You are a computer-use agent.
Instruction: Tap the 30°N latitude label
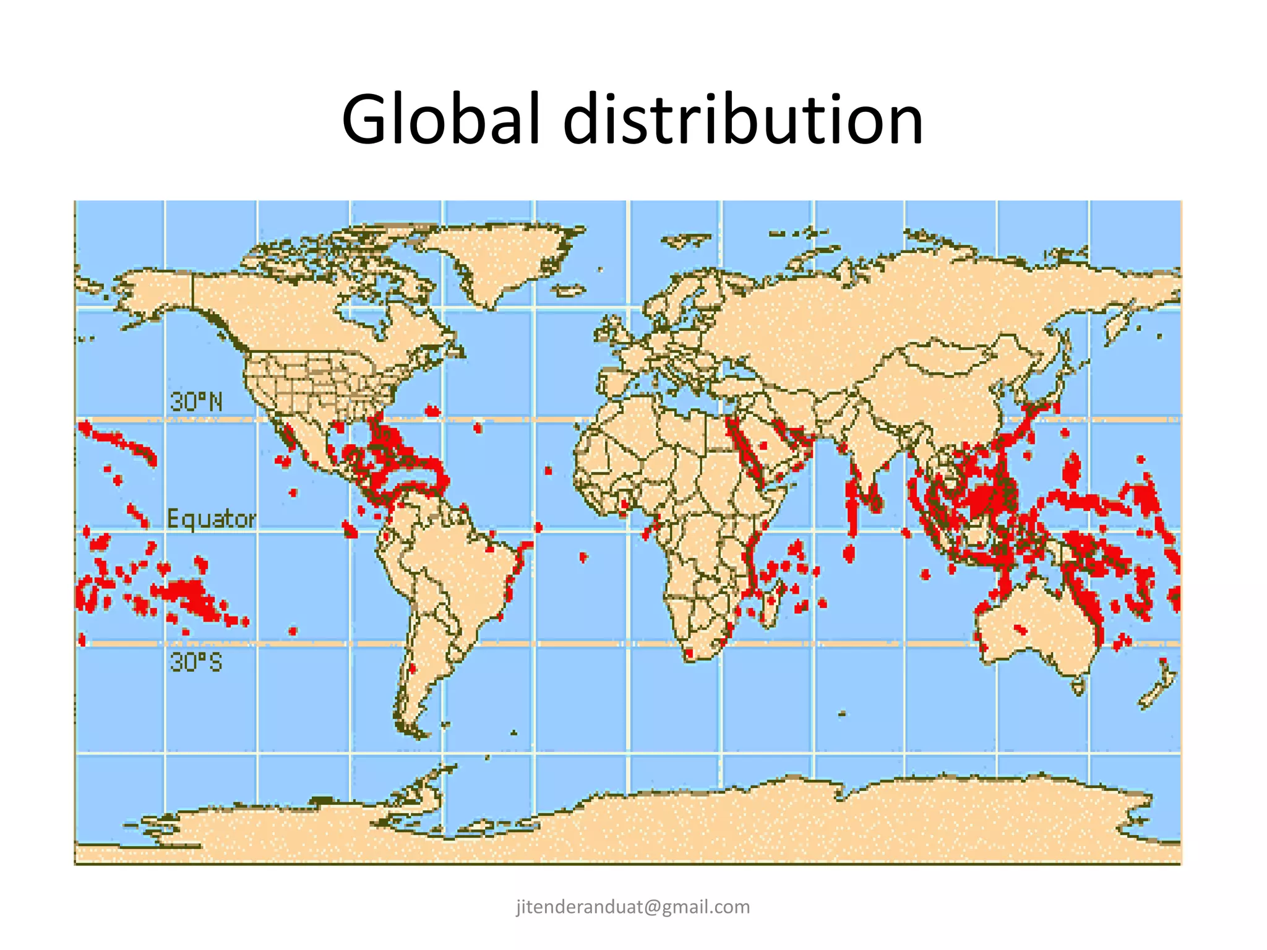(195, 403)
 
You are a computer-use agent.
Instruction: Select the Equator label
(211, 518)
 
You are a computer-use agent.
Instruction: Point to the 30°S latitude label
(195, 662)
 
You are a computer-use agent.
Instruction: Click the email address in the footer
(633, 907)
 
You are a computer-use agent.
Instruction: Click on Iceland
(569, 289)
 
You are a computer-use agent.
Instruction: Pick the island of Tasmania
(1078, 685)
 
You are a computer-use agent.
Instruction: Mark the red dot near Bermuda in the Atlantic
(432, 411)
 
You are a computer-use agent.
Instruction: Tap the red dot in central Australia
(1020, 630)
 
